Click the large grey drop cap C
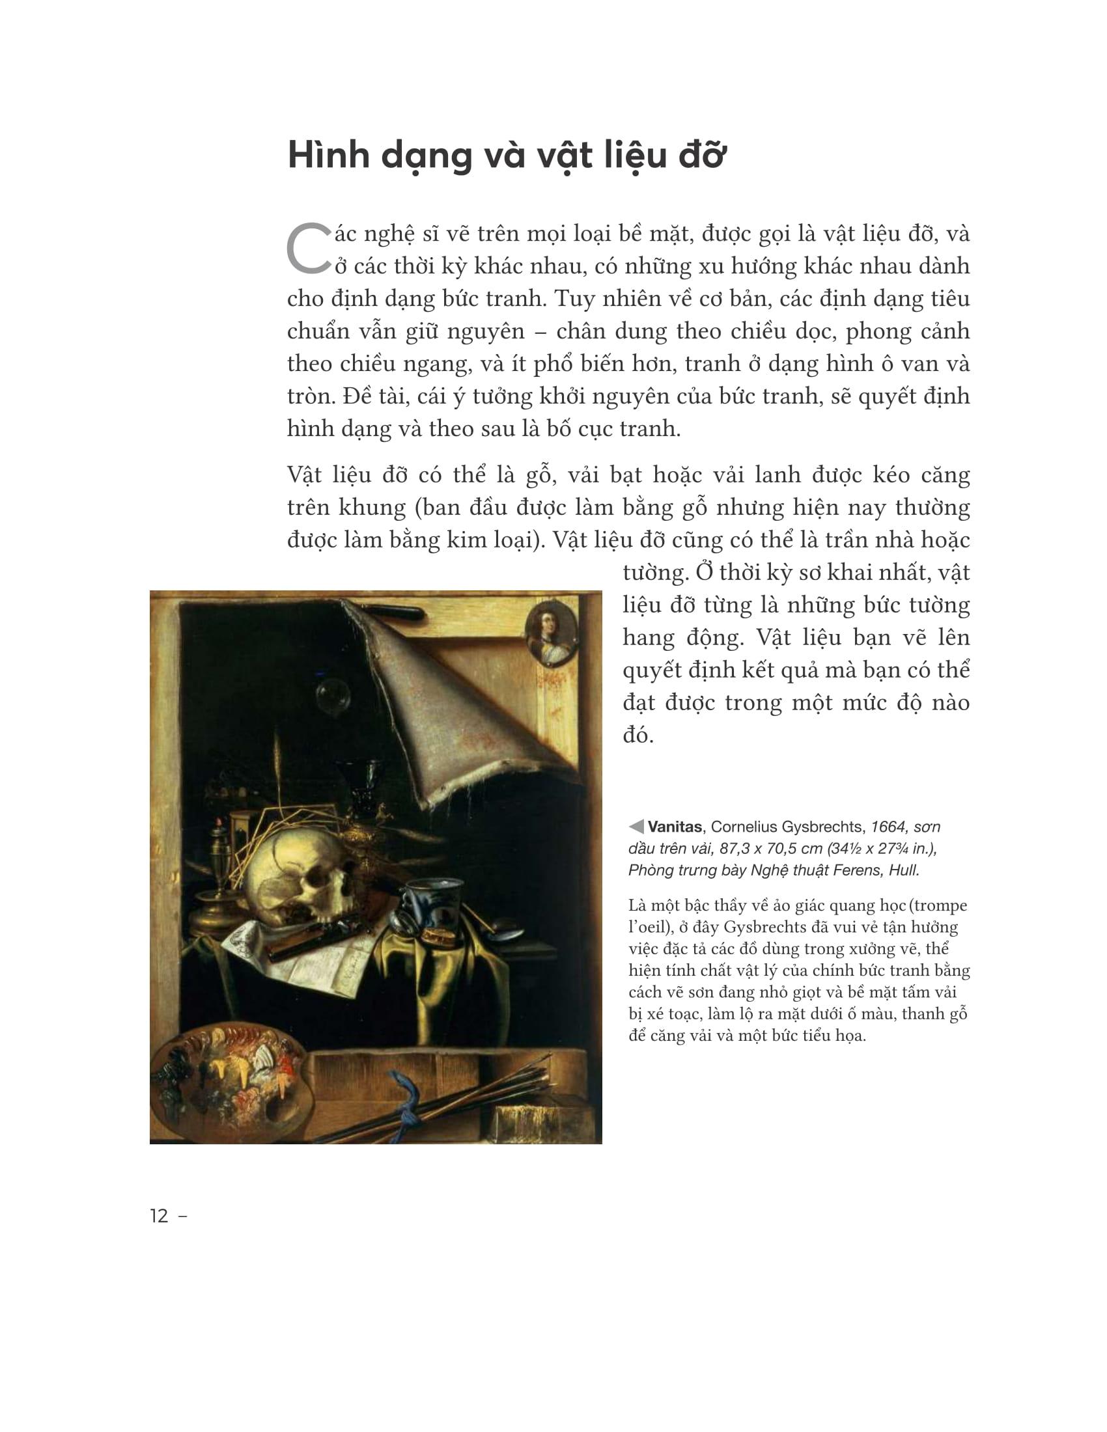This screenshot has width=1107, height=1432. [x=308, y=250]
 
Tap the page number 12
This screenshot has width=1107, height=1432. [x=160, y=1217]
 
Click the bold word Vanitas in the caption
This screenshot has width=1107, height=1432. [x=675, y=827]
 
